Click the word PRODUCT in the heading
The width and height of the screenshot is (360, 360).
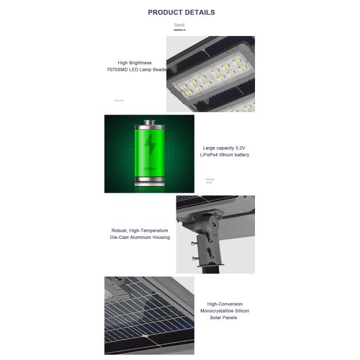166,12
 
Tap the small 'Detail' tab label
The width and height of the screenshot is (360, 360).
179,25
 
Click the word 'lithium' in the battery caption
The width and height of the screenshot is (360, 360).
223,155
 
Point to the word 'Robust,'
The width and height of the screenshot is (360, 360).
122,230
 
